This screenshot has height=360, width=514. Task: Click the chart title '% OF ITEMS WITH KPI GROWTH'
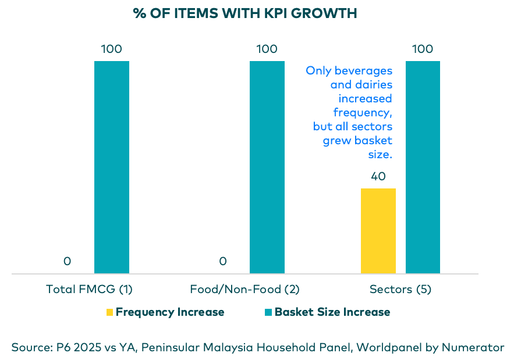(245, 13)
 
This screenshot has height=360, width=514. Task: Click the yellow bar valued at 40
(378, 231)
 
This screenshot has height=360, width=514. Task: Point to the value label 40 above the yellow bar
(378, 177)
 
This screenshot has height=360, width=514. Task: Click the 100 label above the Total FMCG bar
(111, 49)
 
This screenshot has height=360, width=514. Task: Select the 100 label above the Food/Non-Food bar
(267, 49)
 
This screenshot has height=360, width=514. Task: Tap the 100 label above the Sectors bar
(422, 49)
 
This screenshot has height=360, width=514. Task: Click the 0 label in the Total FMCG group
(68, 262)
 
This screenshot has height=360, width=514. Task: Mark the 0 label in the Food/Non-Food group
(223, 262)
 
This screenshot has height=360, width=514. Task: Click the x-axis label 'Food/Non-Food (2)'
(244, 289)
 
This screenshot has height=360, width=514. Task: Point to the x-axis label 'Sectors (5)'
(400, 289)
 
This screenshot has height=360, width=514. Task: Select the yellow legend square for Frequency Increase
(109, 312)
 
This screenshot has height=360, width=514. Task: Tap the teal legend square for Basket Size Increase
(268, 312)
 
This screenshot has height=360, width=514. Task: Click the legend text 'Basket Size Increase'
(332, 312)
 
